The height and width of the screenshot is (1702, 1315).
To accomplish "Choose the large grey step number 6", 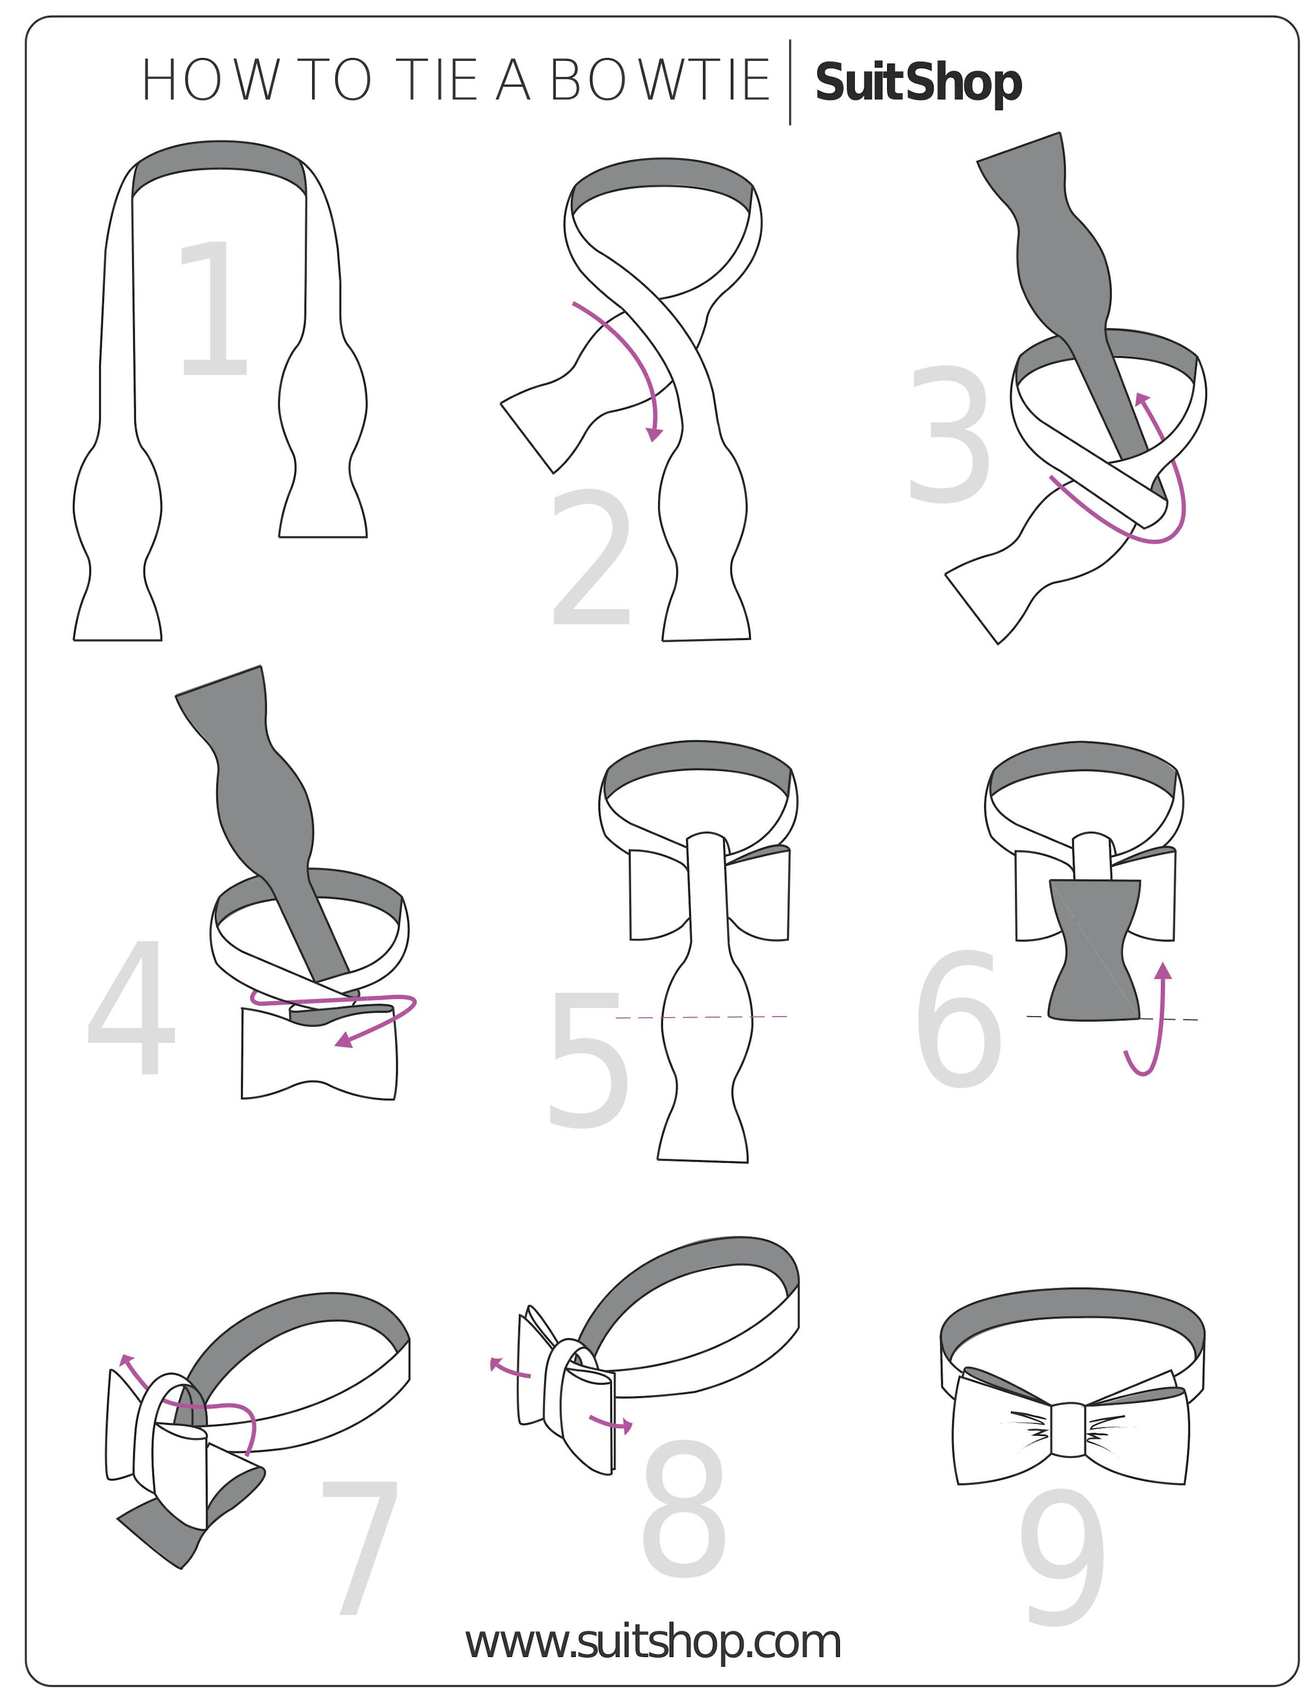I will (x=958, y=1019).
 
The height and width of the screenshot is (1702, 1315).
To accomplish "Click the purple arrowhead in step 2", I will (x=656, y=433).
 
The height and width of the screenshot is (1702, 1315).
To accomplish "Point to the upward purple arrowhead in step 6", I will (x=1163, y=971).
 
